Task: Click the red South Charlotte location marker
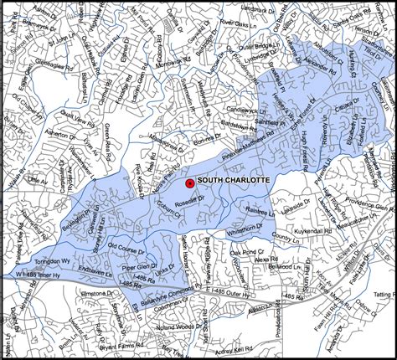click(x=190, y=182)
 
